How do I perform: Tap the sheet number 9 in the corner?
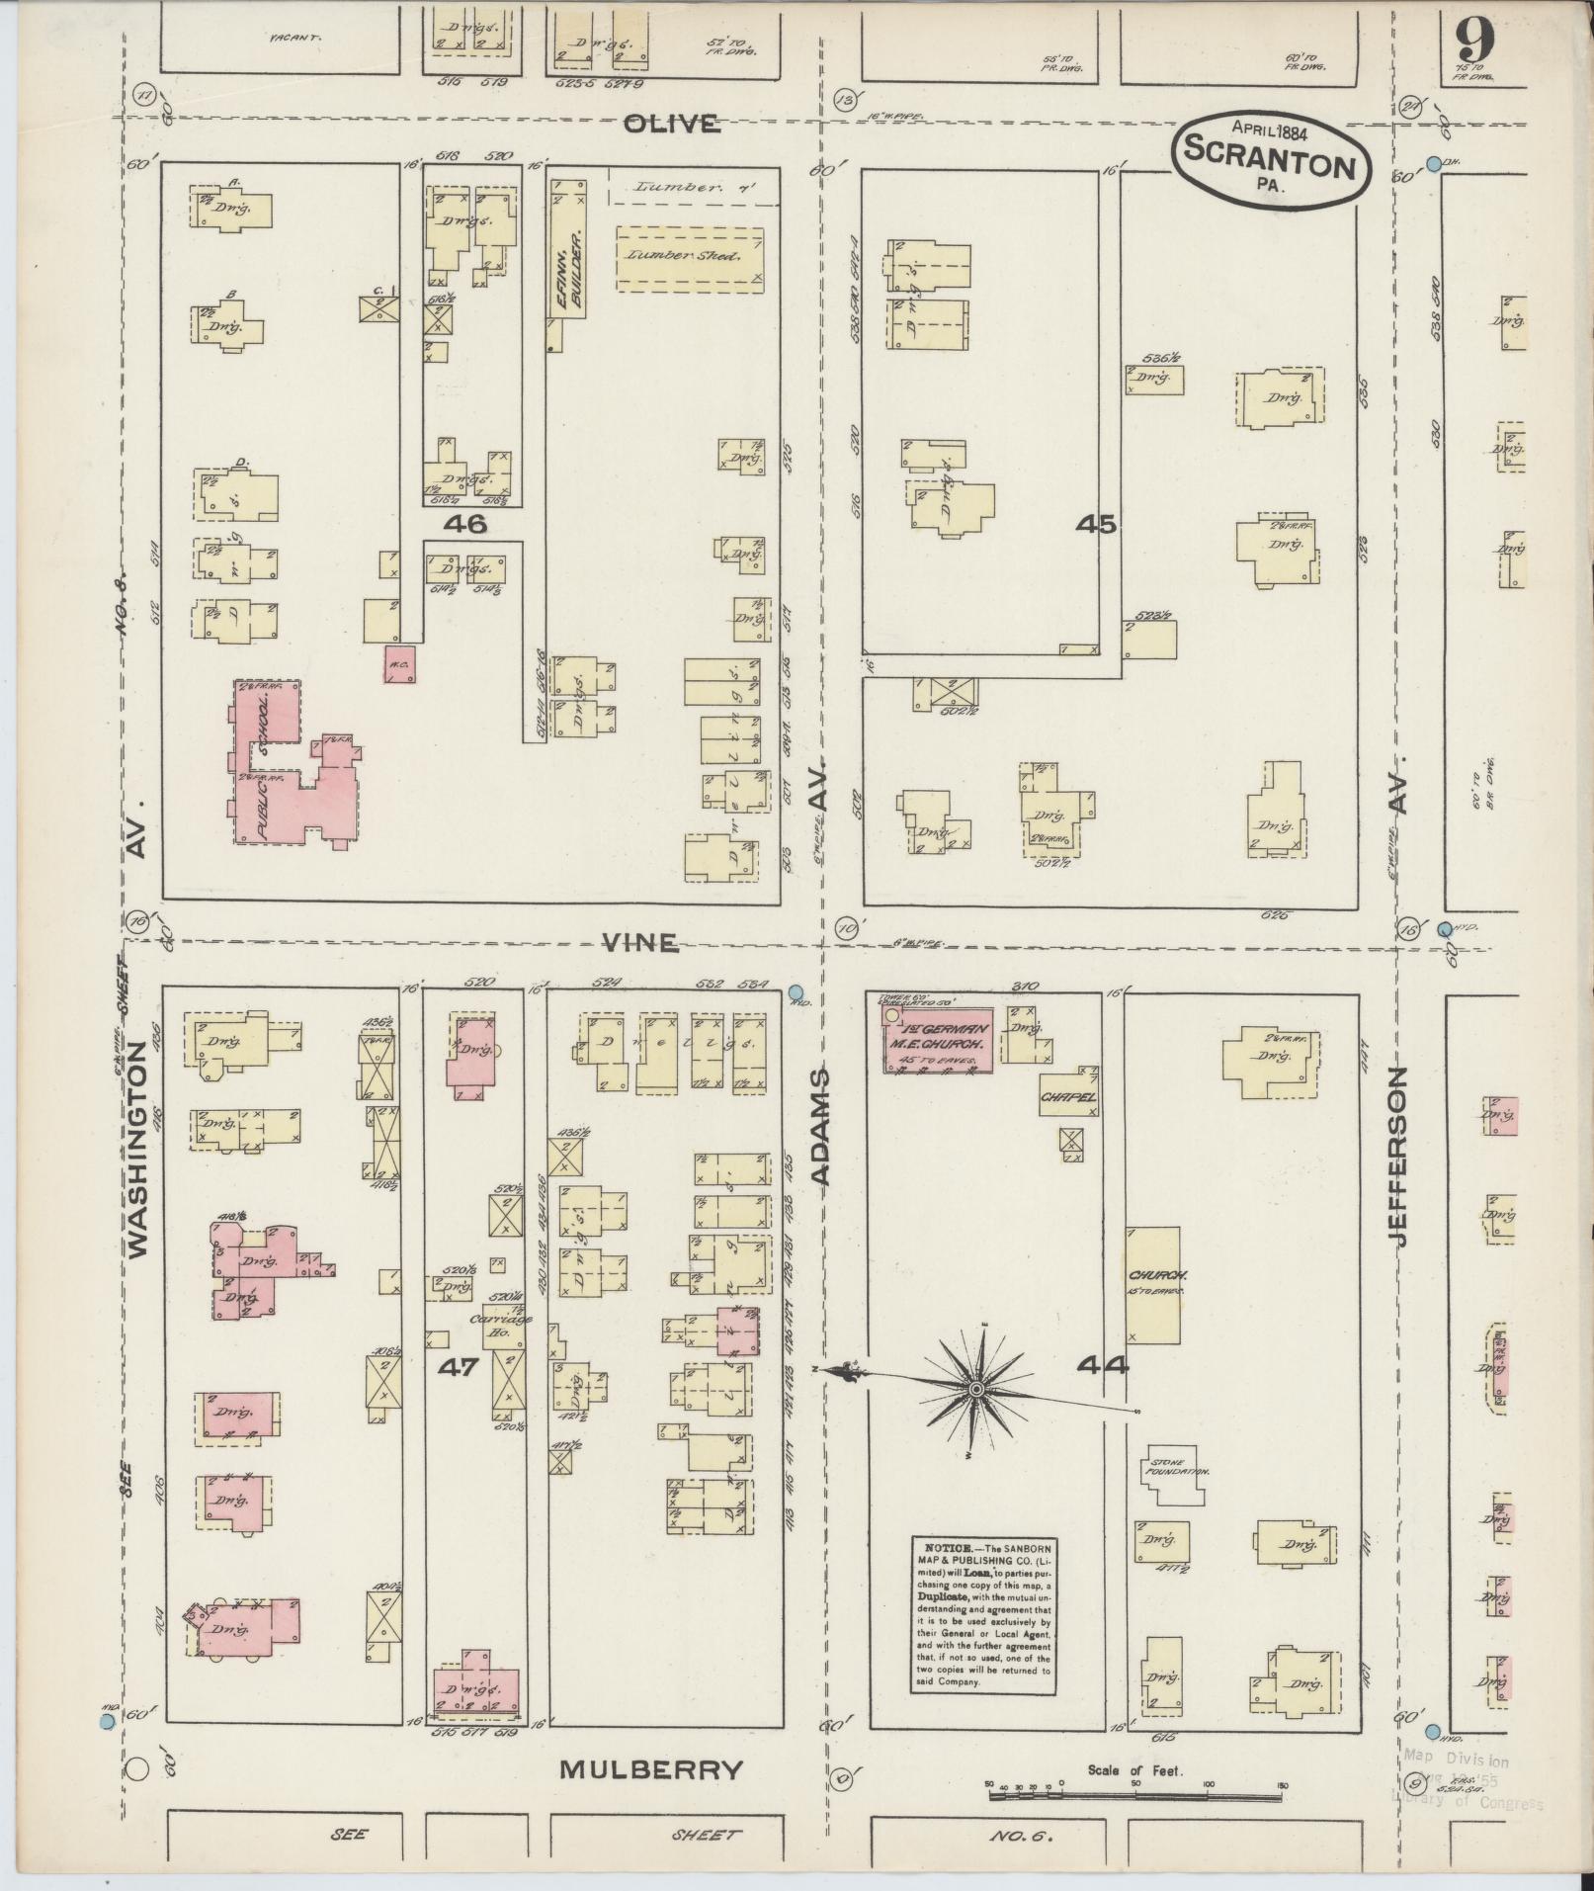[1472, 44]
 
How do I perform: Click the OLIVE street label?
[671, 124]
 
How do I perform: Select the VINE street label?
[641, 943]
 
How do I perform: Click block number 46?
[465, 524]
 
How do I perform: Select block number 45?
[1096, 524]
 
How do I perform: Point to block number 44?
[1102, 1366]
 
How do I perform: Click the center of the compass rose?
[976, 1389]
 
